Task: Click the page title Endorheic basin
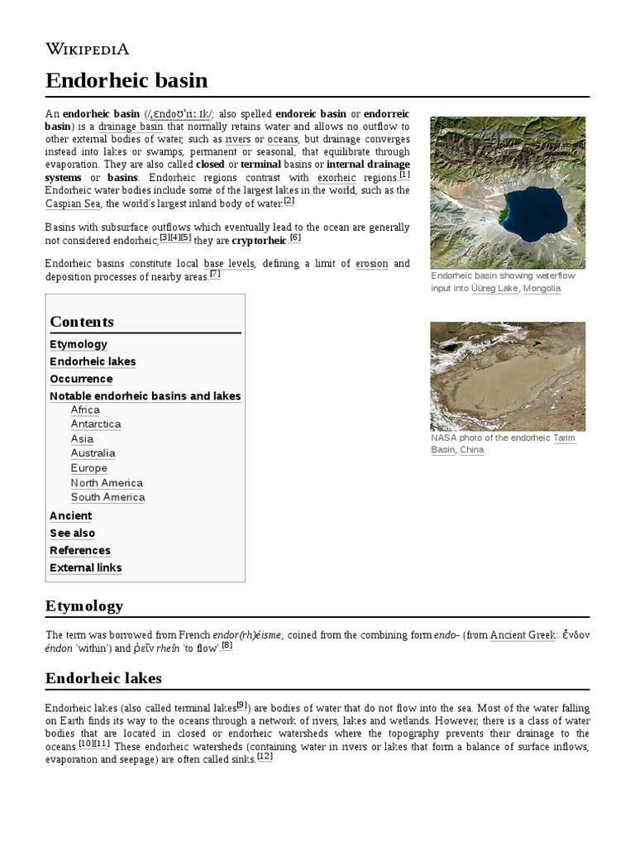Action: point(126,80)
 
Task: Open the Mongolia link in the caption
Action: point(542,289)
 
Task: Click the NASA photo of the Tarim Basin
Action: point(507,376)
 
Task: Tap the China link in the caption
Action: point(471,450)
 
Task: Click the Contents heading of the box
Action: point(82,322)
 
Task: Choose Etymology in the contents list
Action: point(79,344)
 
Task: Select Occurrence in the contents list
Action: point(81,379)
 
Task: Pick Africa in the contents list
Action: point(85,409)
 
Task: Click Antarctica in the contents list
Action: point(96,424)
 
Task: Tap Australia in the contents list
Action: point(93,453)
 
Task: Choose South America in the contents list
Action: point(107,497)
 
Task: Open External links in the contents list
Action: point(85,567)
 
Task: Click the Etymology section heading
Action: point(84,605)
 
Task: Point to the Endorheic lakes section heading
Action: point(103,678)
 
